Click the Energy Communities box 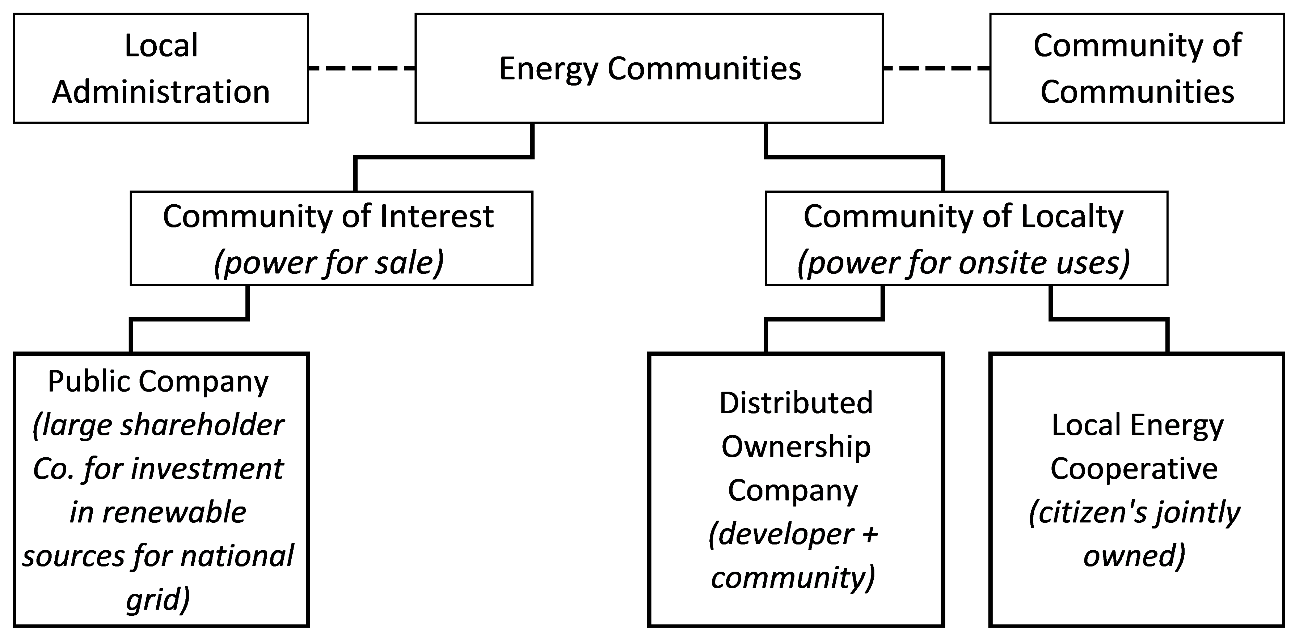pos(649,68)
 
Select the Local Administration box pos(161,68)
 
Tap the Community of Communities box pos(1137,68)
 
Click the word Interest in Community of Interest pos(436,217)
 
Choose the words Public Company pos(159,381)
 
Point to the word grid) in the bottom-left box pos(158,599)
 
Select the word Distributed pos(796,403)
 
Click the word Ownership pos(796,447)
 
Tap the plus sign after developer pos(869,534)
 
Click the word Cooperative pos(1134,469)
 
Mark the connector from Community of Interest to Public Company pos(189,319)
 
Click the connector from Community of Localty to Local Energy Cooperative pos(1108,319)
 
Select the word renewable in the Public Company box pos(174,512)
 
